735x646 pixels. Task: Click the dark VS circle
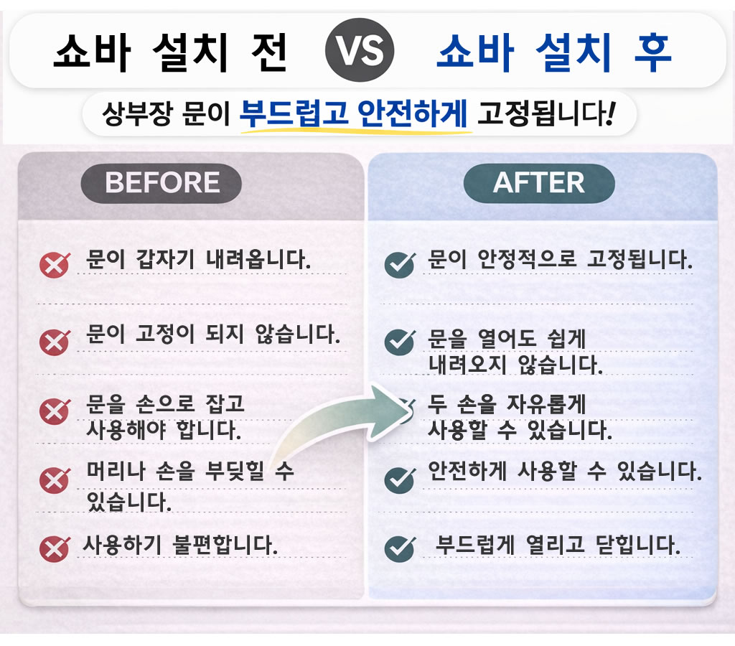(360, 50)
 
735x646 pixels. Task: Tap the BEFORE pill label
(161, 183)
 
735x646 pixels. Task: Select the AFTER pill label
(539, 183)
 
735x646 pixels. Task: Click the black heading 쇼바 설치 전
(170, 52)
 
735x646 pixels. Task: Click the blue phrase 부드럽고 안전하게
(353, 113)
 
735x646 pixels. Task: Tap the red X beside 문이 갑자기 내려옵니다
(55, 265)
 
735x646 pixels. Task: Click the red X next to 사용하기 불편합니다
(55, 548)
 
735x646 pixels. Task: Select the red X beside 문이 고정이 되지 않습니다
(55, 342)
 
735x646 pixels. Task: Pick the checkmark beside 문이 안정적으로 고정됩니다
(399, 265)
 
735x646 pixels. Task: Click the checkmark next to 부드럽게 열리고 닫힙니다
(399, 548)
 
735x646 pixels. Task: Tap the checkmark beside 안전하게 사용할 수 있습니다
(399, 480)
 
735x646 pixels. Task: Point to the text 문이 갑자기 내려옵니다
(199, 259)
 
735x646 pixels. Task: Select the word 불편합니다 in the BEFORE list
(225, 545)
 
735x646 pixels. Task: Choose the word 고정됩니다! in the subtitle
(546, 113)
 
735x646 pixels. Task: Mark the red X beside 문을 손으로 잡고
(55, 411)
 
